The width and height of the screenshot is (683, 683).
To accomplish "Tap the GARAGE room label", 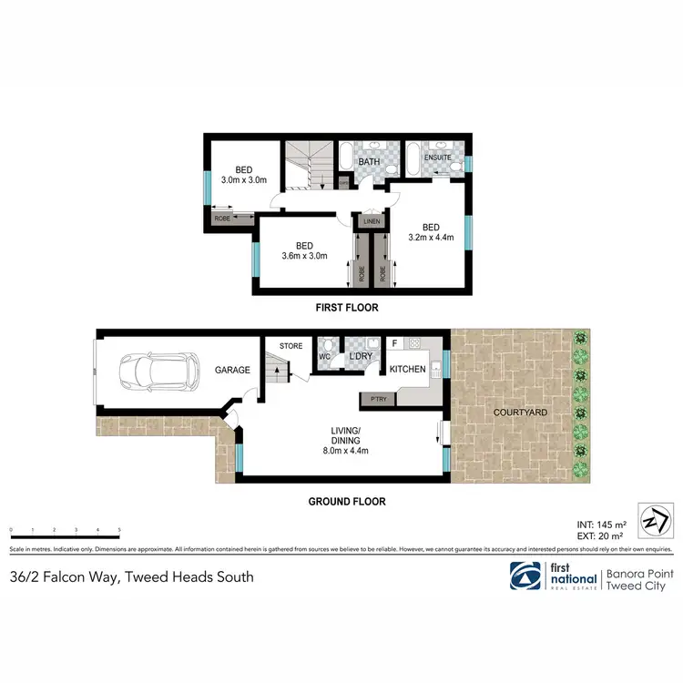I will click(232, 371).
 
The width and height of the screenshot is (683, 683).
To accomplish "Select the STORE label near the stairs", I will click(291, 346).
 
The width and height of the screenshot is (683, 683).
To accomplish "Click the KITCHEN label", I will click(407, 370).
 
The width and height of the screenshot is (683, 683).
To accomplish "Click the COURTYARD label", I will click(520, 413).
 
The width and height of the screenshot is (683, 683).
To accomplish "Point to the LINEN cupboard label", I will click(371, 221).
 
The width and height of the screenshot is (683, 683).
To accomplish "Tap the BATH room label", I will click(369, 162).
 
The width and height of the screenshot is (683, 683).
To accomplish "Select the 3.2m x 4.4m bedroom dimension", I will click(430, 239).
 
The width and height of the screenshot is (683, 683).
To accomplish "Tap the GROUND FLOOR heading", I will click(346, 501).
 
